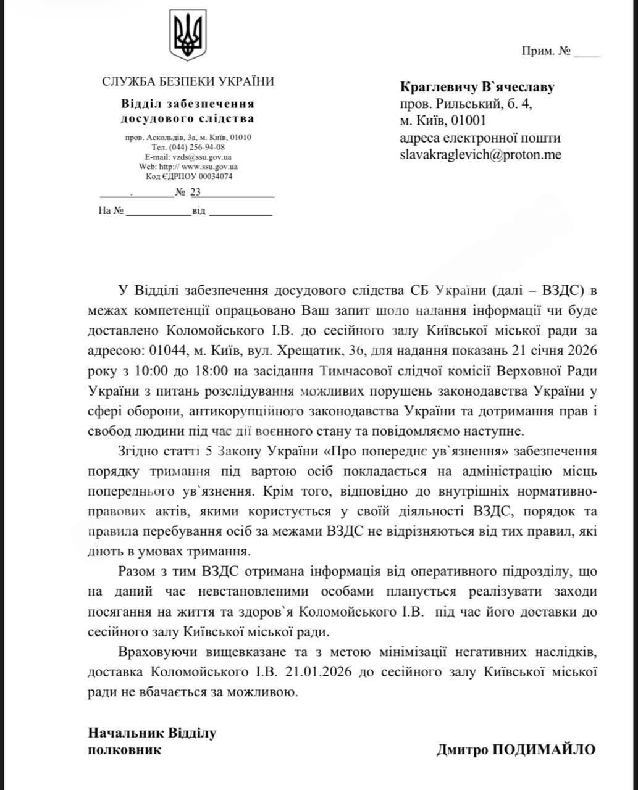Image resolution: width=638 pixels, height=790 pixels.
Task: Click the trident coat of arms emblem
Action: point(188,37)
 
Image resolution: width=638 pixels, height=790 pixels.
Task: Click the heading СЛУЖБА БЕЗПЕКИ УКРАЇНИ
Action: point(188,81)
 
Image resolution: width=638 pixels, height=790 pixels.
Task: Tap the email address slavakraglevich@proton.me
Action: point(481,155)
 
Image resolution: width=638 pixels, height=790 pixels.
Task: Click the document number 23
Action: point(196,192)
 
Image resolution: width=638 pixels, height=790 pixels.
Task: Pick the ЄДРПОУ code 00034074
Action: point(212,177)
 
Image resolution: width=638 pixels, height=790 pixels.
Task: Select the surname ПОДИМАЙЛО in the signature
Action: point(543,750)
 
